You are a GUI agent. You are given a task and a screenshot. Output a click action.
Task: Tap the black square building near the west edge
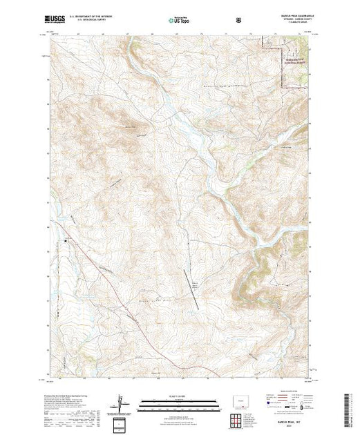(x=66, y=240)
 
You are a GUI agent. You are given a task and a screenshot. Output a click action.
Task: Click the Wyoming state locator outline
(x=243, y=398)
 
